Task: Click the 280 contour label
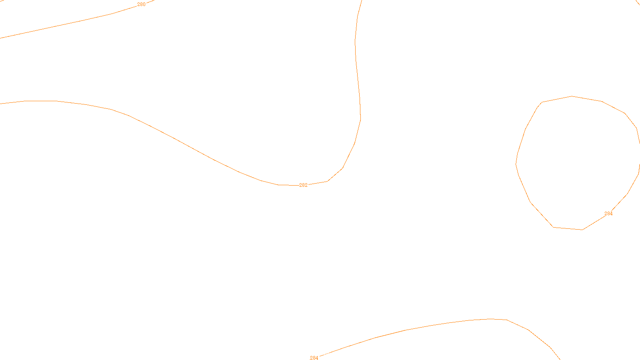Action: pos(141,4)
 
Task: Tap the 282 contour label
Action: pos(303,185)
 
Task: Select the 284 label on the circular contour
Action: pos(608,214)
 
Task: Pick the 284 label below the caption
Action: pos(314,358)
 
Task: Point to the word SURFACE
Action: pos(320,353)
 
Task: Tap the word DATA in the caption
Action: pos(338,353)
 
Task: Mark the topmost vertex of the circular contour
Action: pos(572,96)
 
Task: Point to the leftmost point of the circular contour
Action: pos(516,164)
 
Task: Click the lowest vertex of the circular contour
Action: pos(582,230)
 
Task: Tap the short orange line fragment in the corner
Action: pos(638,2)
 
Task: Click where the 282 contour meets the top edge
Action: pos(362,1)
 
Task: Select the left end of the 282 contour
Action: pos(1,104)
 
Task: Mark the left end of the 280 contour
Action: pos(1,38)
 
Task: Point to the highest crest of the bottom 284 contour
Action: pos(491,319)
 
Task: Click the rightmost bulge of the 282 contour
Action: pos(360,119)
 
